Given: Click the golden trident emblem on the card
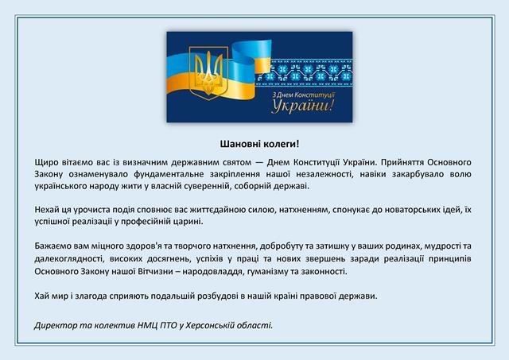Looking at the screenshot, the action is [208, 73].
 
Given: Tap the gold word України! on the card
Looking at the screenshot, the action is [303, 106].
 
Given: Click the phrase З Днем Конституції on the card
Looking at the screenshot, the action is [303, 95].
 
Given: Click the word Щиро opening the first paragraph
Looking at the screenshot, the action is [46, 162].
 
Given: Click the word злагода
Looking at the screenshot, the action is [91, 296].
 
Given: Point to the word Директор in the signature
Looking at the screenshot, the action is [56, 325].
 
